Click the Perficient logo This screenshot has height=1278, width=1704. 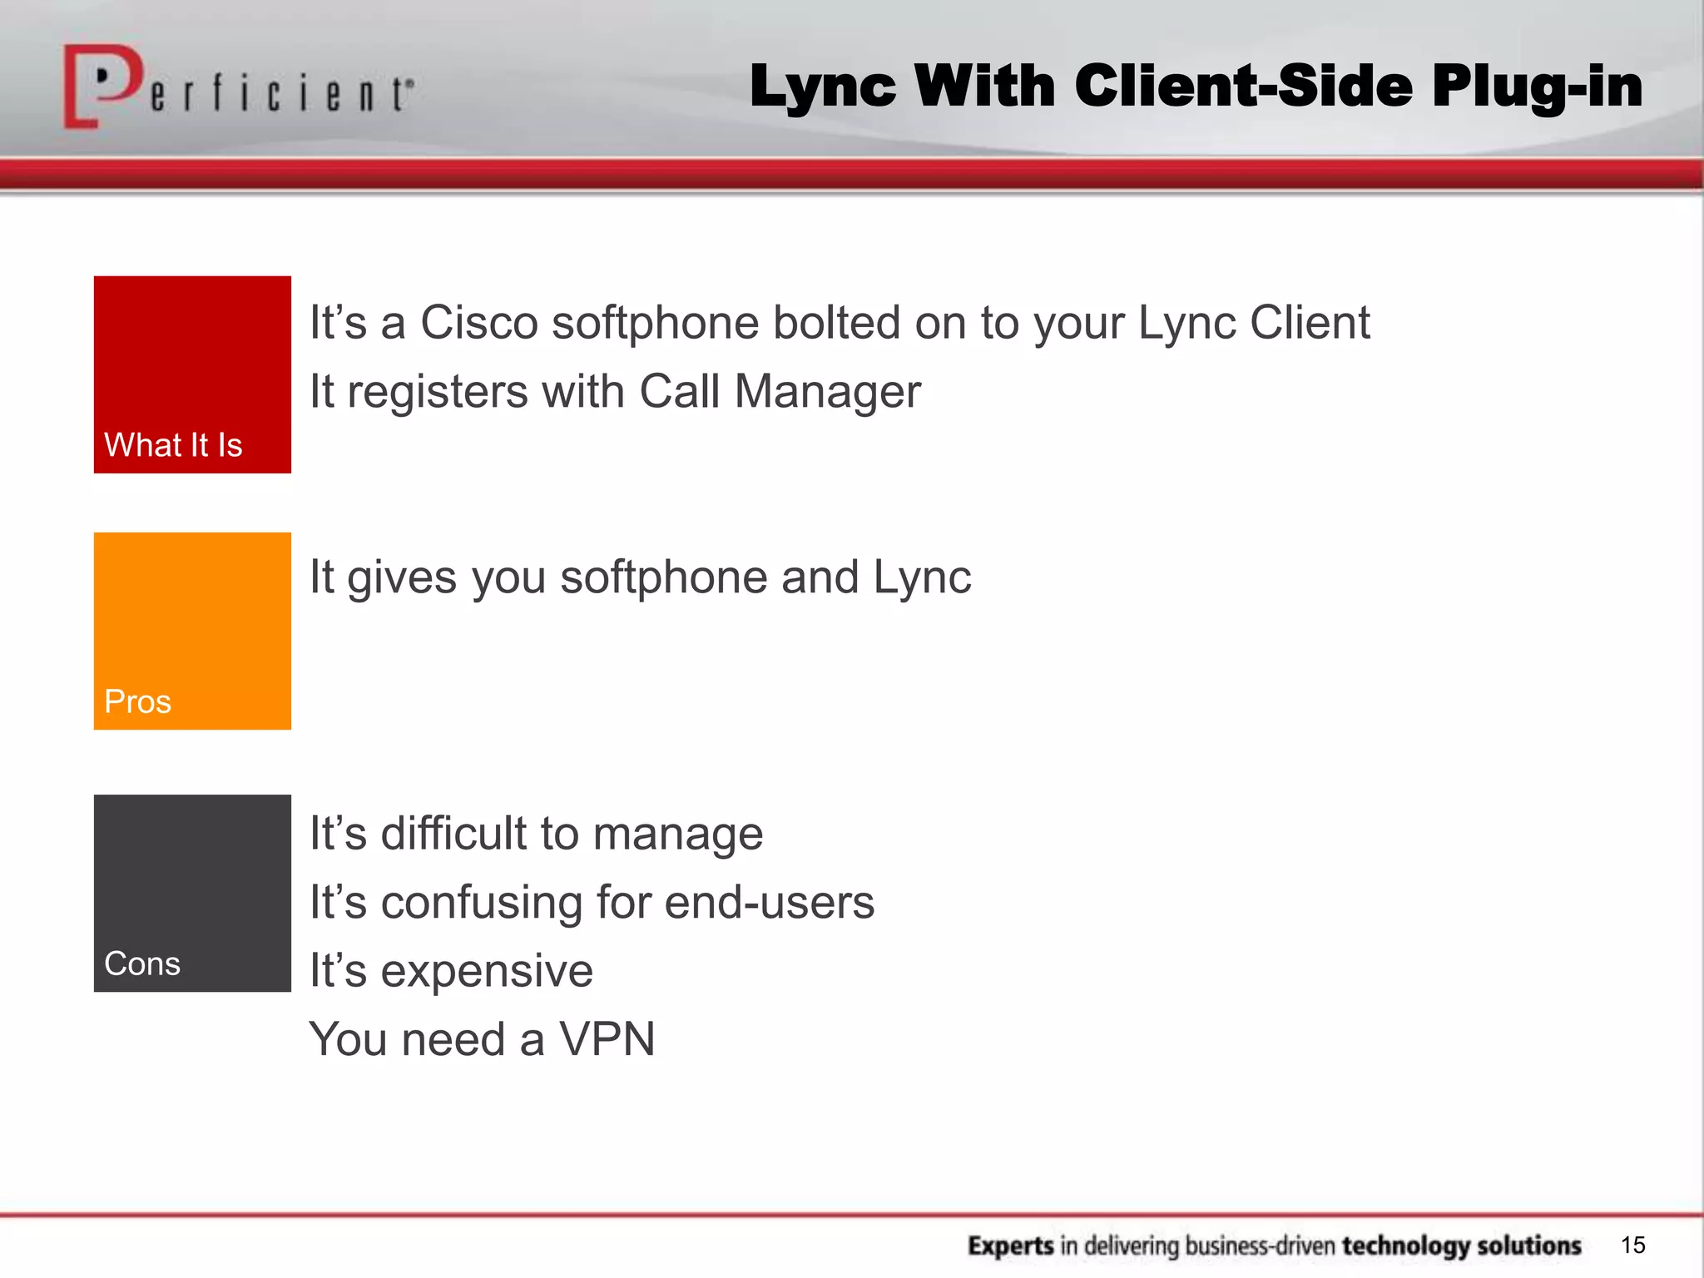pos(237,87)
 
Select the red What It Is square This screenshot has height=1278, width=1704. pos(192,374)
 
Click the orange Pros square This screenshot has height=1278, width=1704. pos(192,631)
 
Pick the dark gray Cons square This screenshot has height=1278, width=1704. pos(192,893)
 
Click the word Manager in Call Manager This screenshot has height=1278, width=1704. pos(827,392)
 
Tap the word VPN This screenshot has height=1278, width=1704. pos(607,1039)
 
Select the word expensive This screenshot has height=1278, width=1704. pos(487,971)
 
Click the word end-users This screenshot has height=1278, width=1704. pos(770,902)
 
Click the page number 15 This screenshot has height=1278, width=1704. pos(1632,1245)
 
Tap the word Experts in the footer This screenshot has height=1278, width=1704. pos(1011,1246)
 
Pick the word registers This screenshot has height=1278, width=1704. pos(437,392)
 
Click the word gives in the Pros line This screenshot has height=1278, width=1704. pos(402,577)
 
